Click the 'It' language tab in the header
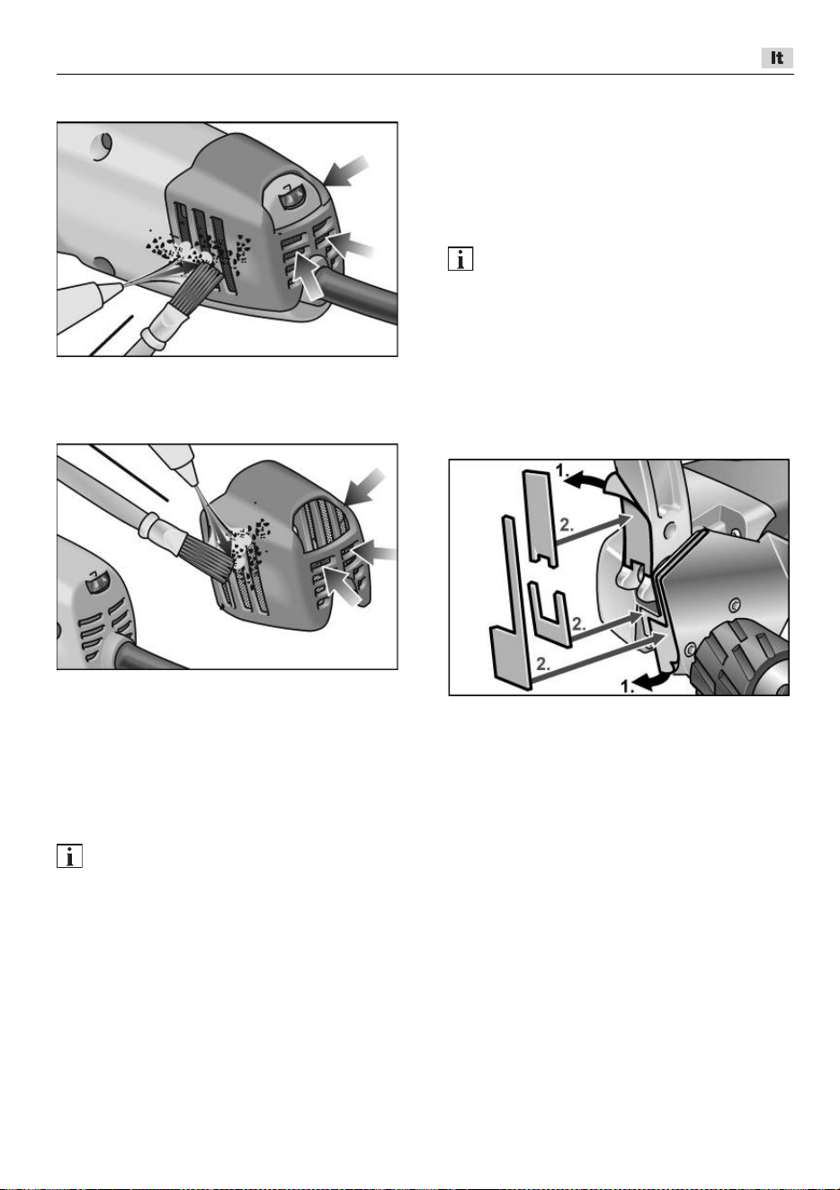coord(777,58)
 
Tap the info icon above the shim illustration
coord(460,259)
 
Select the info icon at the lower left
coord(69,855)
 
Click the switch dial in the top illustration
coord(290,201)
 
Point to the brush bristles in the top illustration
coord(195,285)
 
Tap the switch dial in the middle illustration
coord(98,585)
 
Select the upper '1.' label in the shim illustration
coord(562,470)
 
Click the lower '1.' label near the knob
coord(628,686)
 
